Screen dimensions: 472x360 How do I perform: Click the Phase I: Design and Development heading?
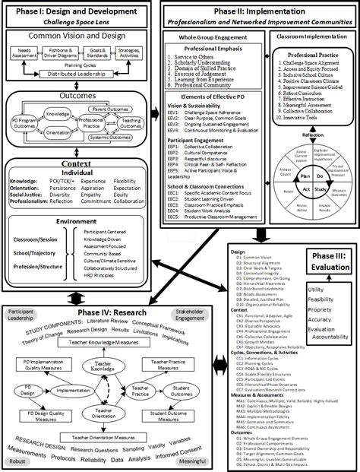click(x=79, y=11)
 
